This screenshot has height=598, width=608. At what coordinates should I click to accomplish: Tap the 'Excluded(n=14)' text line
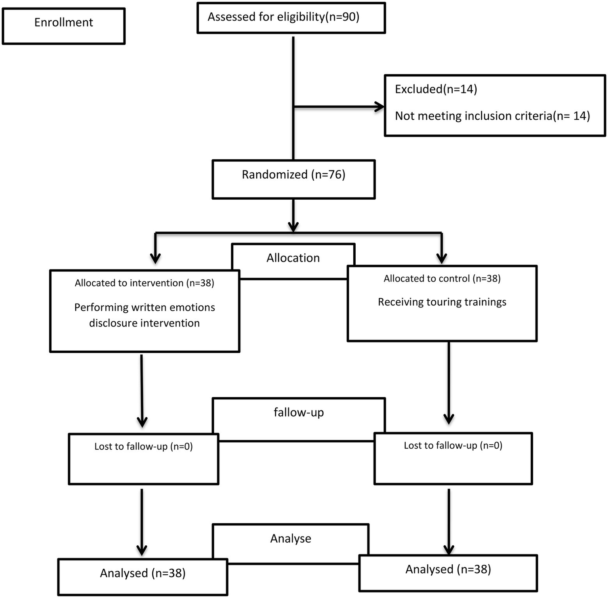pyautogui.click(x=436, y=89)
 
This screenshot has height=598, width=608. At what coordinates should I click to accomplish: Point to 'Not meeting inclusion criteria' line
pyautogui.click(x=492, y=116)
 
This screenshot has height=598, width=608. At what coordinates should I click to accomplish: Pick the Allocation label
pyautogui.click(x=293, y=258)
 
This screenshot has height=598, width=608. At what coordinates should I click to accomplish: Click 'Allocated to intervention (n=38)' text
pyautogui.click(x=144, y=283)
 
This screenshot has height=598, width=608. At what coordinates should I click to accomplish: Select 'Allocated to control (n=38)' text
pyautogui.click(x=442, y=279)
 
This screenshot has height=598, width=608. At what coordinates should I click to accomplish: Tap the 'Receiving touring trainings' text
pyautogui.click(x=442, y=302)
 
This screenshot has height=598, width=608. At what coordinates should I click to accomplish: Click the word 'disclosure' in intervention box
pyautogui.click(x=113, y=323)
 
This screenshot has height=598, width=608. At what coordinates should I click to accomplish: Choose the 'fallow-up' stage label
pyautogui.click(x=299, y=413)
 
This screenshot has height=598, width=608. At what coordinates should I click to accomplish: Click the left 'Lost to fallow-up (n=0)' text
pyautogui.click(x=143, y=447)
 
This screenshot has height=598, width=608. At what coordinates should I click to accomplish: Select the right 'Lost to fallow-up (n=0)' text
pyautogui.click(x=453, y=445)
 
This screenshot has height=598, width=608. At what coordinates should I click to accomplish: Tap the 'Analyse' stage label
pyautogui.click(x=291, y=539)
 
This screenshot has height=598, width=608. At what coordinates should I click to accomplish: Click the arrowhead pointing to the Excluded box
pyautogui.click(x=379, y=107)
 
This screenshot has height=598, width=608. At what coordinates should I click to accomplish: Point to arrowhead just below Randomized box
pyautogui.click(x=293, y=227)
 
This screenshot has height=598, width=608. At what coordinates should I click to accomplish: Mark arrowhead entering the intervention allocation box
pyautogui.click(x=156, y=259)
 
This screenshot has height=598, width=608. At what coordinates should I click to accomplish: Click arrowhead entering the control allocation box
pyautogui.click(x=442, y=258)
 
